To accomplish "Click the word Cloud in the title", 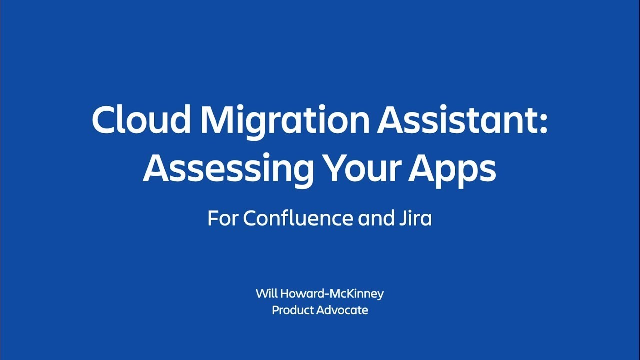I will tap(141, 120).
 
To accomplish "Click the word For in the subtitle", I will tap(223, 218).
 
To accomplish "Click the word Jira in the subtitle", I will tap(418, 218).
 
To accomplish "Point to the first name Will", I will tap(266, 293).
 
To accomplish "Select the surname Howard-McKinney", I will tap(332, 294).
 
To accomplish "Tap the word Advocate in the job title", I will tap(344, 310).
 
